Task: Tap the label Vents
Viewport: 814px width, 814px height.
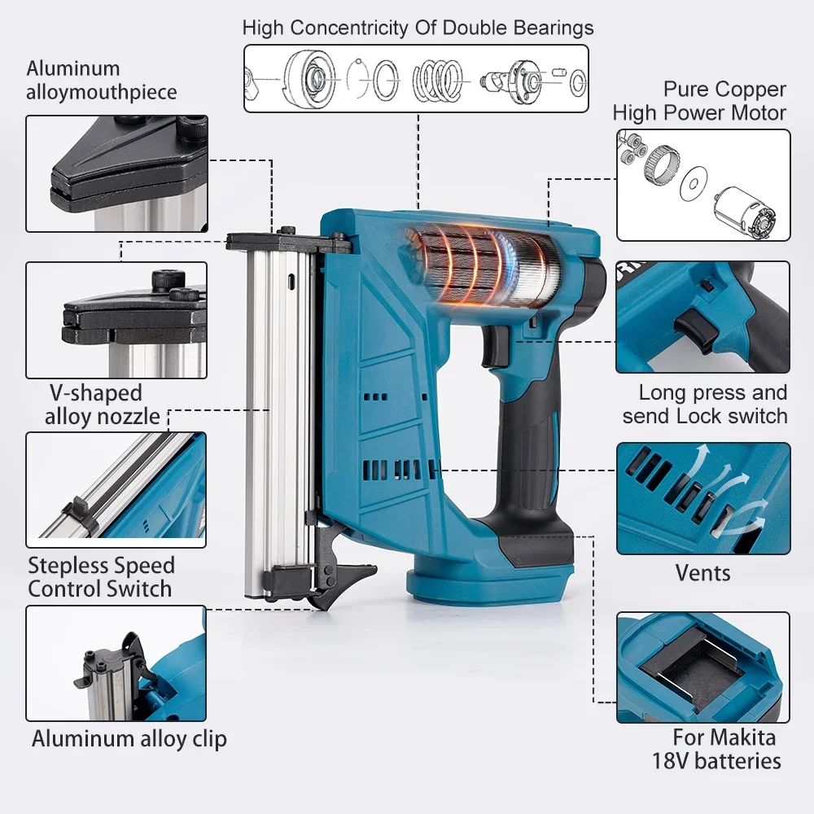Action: [x=703, y=573]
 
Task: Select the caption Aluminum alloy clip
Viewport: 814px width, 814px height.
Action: [x=129, y=739]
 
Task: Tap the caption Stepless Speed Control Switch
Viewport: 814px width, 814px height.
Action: [x=101, y=576]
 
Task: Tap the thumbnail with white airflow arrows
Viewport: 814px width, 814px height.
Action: [x=702, y=498]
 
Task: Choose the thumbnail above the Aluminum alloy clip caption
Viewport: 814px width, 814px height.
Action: [x=116, y=663]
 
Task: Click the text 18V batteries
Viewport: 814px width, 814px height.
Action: [x=716, y=761]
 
